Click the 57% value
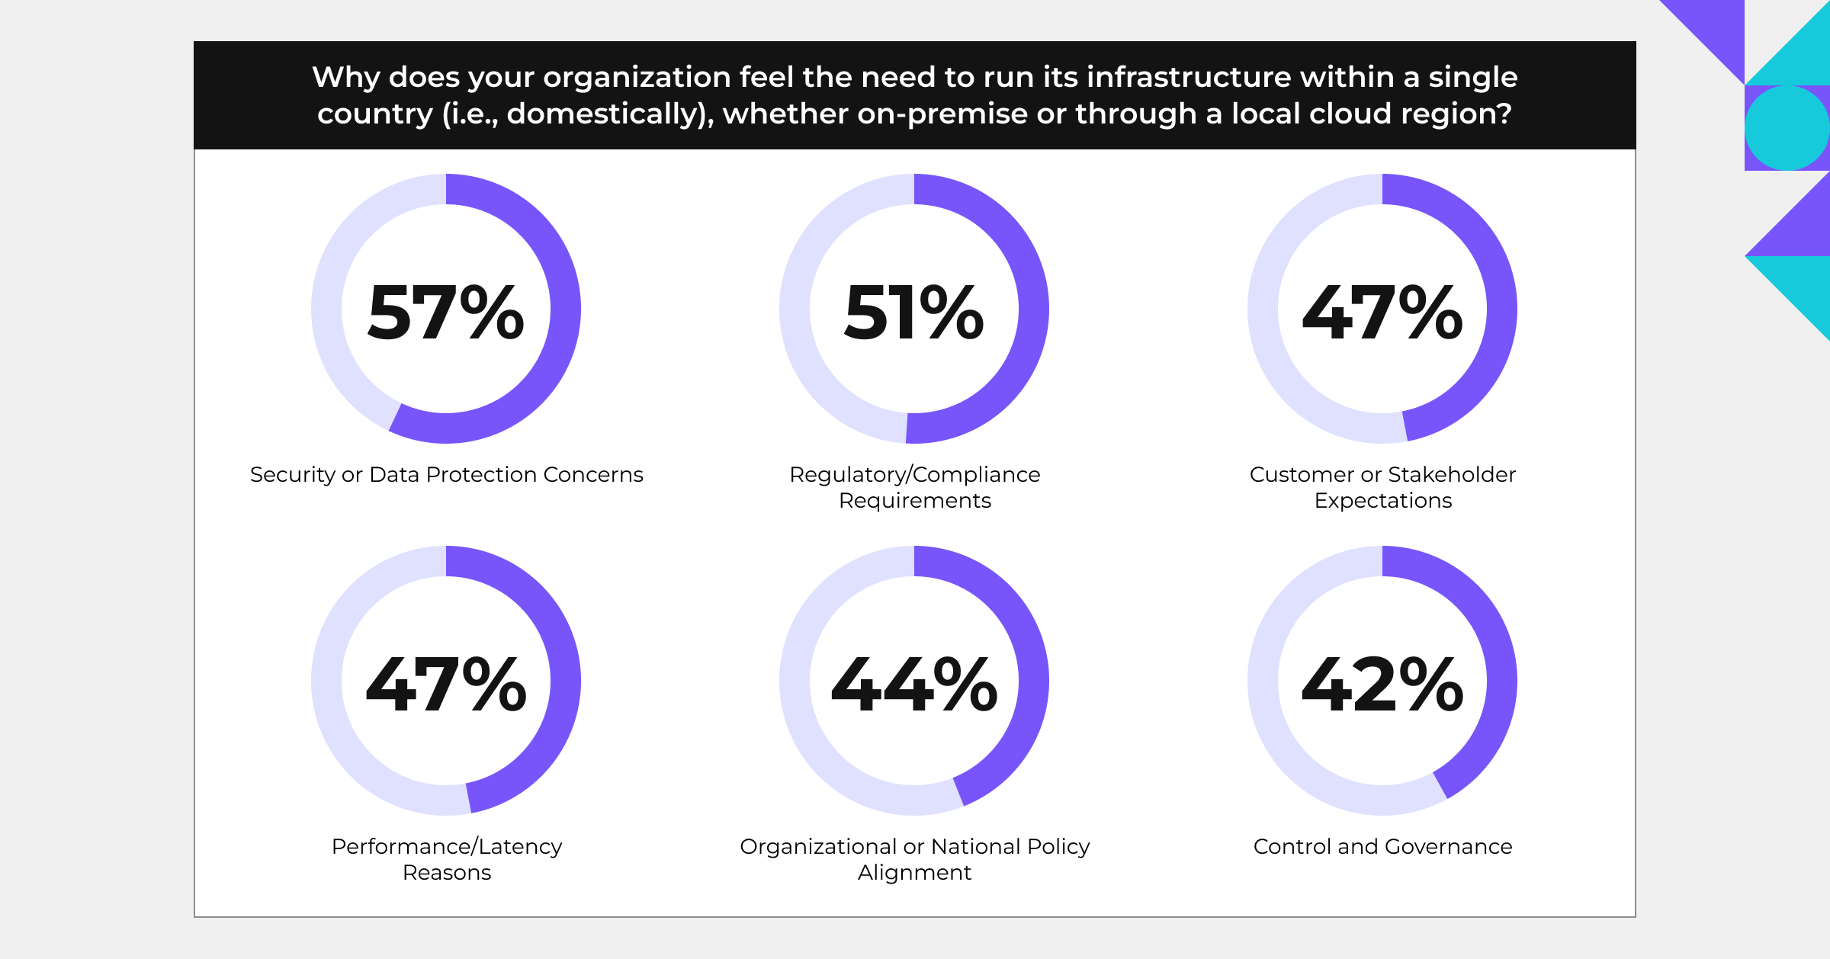446,312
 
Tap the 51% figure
913,312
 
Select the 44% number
913,685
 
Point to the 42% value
1382,685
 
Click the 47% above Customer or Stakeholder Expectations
1382,312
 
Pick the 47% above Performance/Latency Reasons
446,685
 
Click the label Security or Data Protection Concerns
446,474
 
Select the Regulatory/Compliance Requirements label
914,487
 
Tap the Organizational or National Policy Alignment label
914,859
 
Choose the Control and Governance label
1382,846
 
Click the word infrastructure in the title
1189,77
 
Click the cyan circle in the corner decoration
1787,127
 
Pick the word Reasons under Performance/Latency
447,872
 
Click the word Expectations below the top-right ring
1383,500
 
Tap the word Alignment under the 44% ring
914,872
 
